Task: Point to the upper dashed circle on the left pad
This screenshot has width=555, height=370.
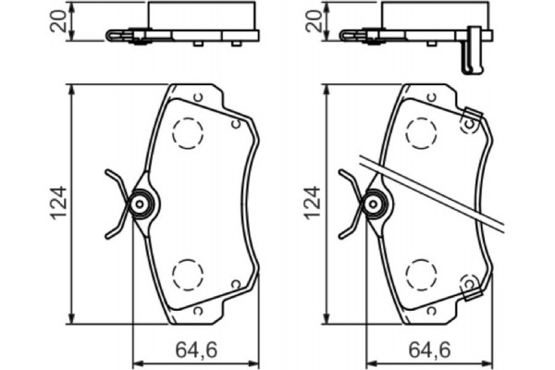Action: [x=189, y=133]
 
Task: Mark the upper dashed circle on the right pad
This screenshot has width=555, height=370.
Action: [x=421, y=133]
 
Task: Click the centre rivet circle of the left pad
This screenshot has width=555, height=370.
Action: [x=140, y=203]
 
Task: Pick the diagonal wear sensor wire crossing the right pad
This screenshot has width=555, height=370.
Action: [x=435, y=191]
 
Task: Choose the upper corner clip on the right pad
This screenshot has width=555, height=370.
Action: [x=470, y=120]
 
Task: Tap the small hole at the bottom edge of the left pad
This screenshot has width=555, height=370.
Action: [x=199, y=312]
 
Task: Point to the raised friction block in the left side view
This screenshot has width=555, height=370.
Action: [x=198, y=17]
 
